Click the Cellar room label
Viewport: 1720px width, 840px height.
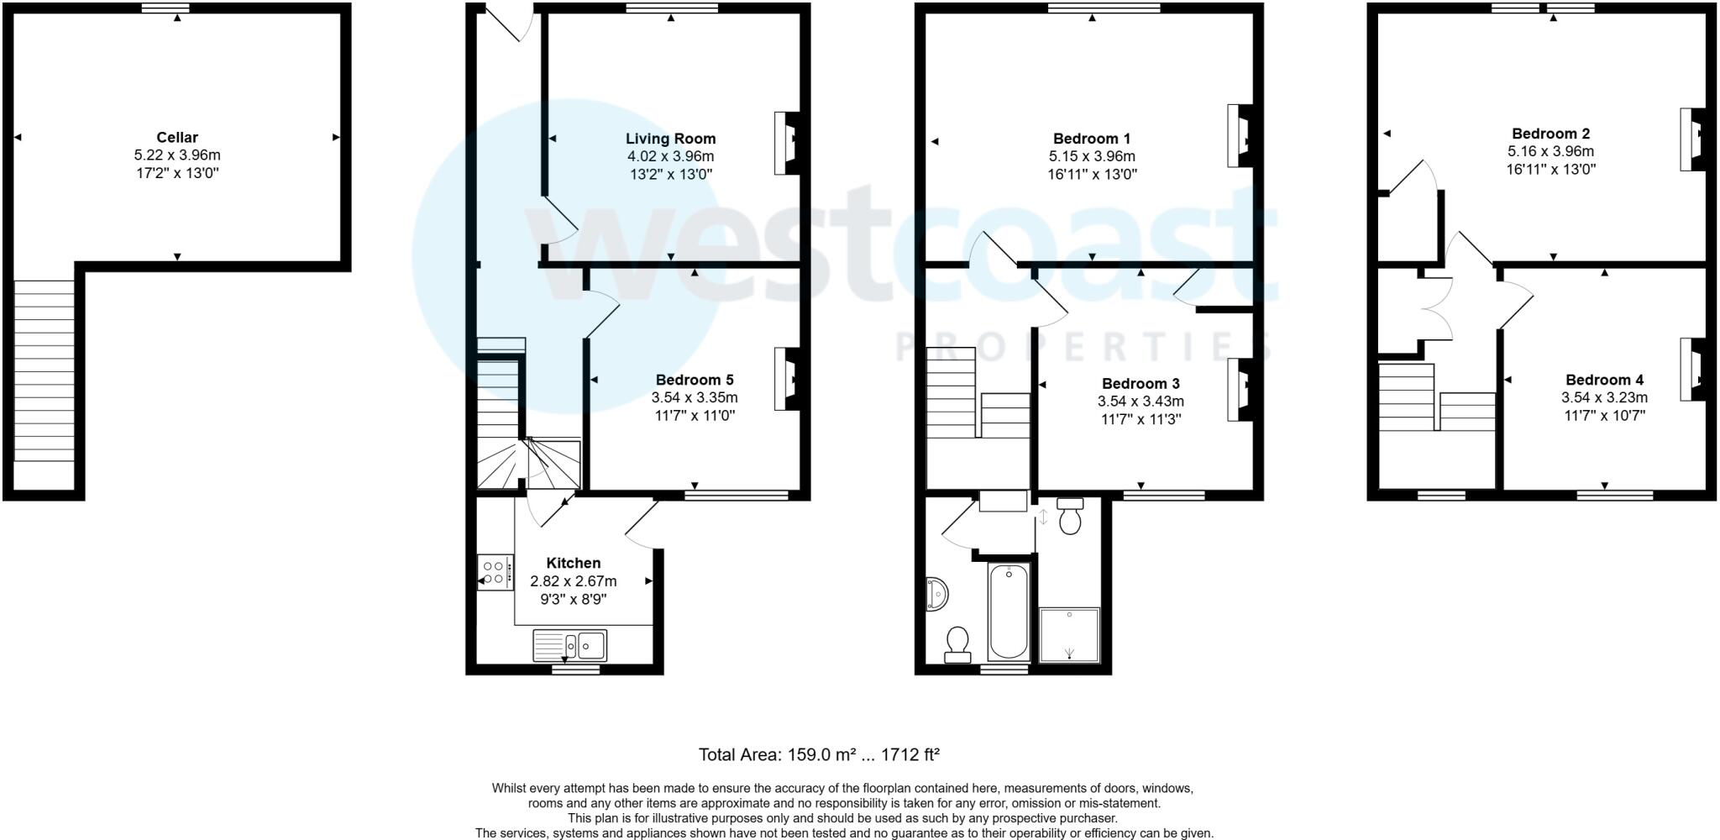(177, 137)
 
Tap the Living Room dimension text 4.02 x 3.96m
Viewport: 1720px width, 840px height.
(670, 156)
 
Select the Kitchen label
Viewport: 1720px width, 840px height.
(573, 563)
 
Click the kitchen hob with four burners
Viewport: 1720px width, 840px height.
(495, 572)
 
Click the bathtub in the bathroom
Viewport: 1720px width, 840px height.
(1008, 612)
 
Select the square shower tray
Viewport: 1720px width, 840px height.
(1069, 634)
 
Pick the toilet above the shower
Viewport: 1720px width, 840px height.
(1070, 515)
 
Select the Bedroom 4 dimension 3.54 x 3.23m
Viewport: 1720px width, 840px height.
(1603, 397)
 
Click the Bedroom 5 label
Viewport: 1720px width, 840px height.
(694, 380)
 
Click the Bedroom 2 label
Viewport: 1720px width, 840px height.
(1550, 133)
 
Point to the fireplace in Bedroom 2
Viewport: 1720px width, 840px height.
(1692, 139)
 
